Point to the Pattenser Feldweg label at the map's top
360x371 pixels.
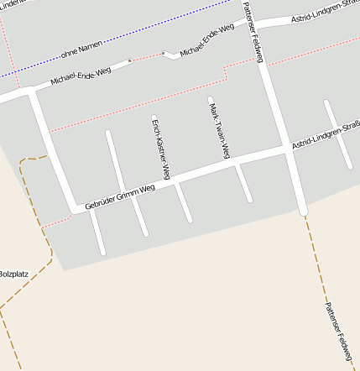(253, 32)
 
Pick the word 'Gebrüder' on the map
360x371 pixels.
(102, 201)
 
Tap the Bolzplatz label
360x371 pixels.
(13, 273)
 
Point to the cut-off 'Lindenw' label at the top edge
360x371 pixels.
(15, 4)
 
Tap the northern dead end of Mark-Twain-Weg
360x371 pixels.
(211, 100)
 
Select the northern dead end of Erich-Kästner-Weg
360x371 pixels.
(154, 118)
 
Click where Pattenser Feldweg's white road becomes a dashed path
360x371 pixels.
(304, 212)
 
